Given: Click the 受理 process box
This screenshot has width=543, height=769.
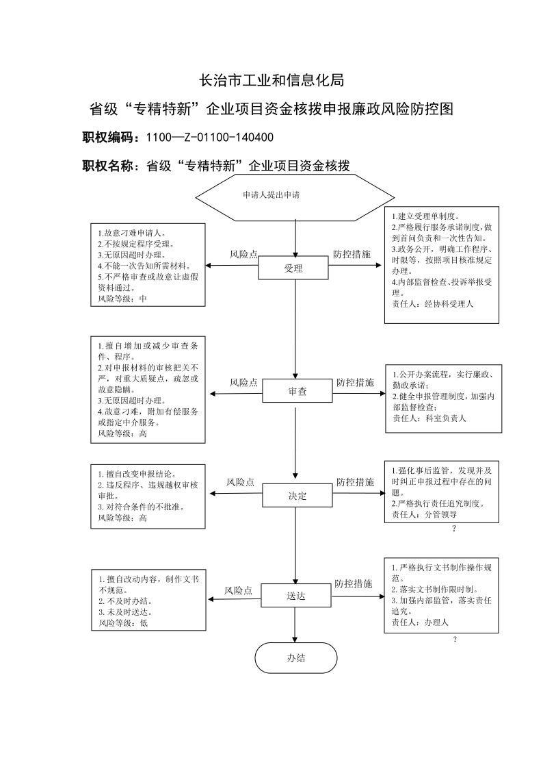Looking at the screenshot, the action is pyautogui.click(x=293, y=268).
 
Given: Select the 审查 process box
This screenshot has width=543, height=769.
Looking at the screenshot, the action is pyautogui.click(x=297, y=392).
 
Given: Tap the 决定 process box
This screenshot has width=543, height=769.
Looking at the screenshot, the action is pyautogui.click(x=297, y=495).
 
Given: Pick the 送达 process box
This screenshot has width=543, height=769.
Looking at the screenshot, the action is pyautogui.click(x=295, y=595).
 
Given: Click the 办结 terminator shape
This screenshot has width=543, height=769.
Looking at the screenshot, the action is pyautogui.click(x=295, y=657).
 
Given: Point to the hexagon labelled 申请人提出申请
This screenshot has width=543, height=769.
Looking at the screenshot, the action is pyautogui.click(x=295, y=198).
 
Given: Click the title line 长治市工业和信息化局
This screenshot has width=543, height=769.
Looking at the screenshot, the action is pyautogui.click(x=271, y=80).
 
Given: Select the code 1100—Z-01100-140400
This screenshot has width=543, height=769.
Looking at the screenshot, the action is pyautogui.click(x=210, y=138).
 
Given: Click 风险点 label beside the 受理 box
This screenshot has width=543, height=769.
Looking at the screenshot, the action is pyautogui.click(x=244, y=255).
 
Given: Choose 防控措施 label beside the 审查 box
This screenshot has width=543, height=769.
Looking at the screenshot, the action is pyautogui.click(x=355, y=383).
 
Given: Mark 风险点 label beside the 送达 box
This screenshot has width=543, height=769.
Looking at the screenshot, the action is pyautogui.click(x=239, y=591).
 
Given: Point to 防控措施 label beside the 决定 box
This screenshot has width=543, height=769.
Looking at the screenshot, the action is pyautogui.click(x=355, y=482).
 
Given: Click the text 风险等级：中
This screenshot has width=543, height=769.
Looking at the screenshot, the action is pyautogui.click(x=122, y=299).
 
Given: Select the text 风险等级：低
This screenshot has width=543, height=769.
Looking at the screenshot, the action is pyautogui.click(x=123, y=623).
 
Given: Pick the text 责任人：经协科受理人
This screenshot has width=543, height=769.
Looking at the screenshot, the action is pyautogui.click(x=432, y=304).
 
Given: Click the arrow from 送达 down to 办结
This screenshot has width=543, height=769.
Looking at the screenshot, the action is pyautogui.click(x=295, y=625).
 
